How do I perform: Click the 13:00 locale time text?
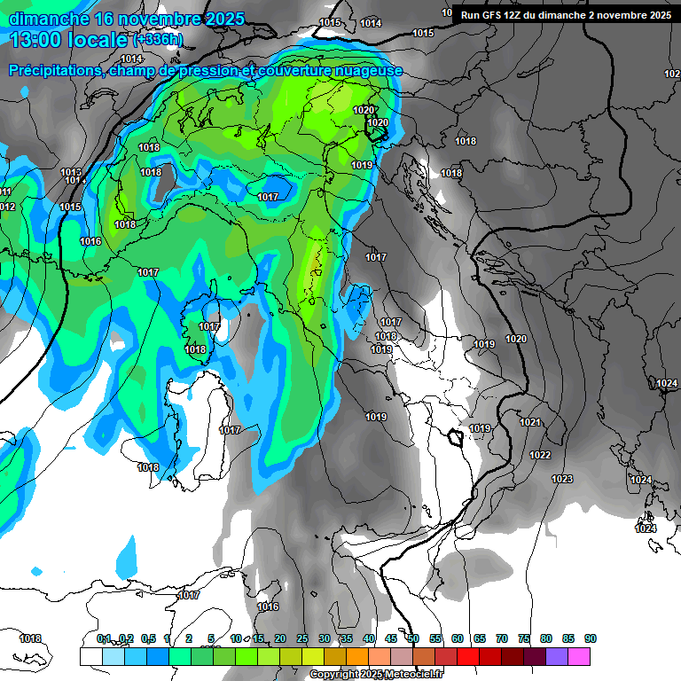pyautogui.click(x=67, y=39)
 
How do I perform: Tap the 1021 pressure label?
pyautogui.click(x=529, y=422)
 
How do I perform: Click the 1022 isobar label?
pyautogui.click(x=539, y=455)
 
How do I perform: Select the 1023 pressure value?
pyautogui.click(x=561, y=479)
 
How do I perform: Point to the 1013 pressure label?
pyautogui.click(x=71, y=172)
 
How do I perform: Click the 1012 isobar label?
pyautogui.click(x=6, y=207)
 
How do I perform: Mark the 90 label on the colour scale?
pyautogui.click(x=591, y=638)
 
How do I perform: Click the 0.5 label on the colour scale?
pyautogui.click(x=148, y=638)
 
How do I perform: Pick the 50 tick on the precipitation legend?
pyautogui.click(x=413, y=638)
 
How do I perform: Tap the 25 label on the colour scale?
pyautogui.click(x=302, y=638)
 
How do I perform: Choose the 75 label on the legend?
pyautogui.click(x=524, y=638)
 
